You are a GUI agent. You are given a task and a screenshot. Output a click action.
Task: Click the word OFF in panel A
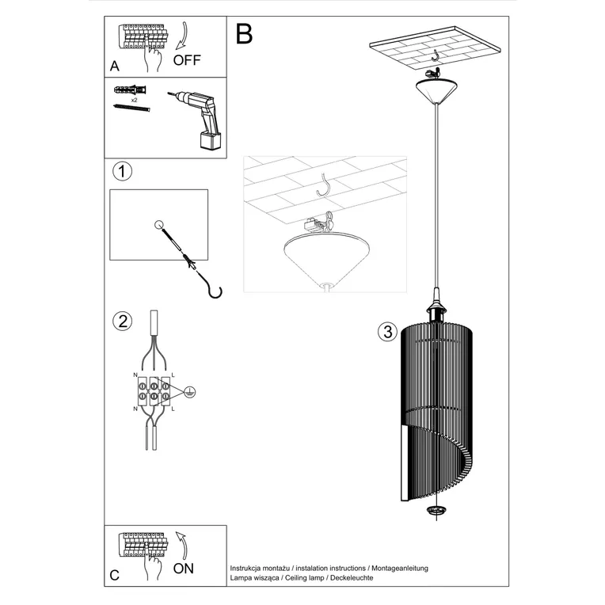pos(187,59)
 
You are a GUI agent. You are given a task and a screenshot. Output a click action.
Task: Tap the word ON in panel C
pos(183,567)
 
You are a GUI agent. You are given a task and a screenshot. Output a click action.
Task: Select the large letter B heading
pos(244,34)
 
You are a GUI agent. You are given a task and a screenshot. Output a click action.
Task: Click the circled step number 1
pos(121,170)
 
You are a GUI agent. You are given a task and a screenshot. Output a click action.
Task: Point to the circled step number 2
pos(121,321)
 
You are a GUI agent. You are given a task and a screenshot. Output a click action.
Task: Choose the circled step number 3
pos(386,332)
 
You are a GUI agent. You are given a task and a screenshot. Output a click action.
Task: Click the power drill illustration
pos(200,118)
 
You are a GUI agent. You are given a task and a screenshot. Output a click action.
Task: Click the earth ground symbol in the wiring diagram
pos(190,390)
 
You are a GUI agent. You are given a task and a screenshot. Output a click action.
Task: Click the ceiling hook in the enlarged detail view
pos(323,185)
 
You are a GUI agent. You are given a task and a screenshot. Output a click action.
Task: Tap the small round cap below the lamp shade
pos(436,512)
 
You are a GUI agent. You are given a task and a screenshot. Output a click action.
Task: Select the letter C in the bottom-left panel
pos(116,576)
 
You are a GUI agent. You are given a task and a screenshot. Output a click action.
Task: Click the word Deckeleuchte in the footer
pos(347,579)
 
